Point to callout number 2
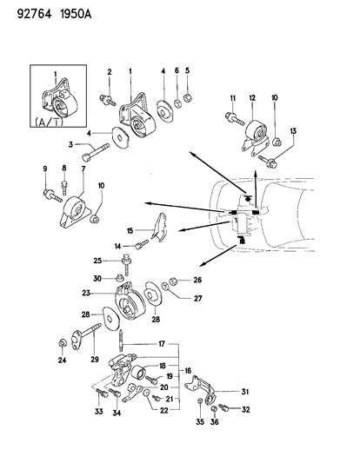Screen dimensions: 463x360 (x=110, y=70)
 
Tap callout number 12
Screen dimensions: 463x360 (x=253, y=99)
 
